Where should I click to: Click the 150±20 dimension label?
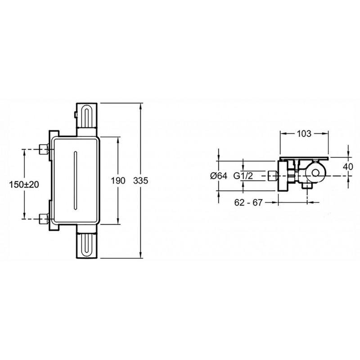pos(24,184)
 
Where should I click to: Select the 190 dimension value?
pos(118,181)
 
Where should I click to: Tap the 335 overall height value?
pos(140,181)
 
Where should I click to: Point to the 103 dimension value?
pos(304,133)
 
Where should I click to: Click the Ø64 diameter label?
pos(219,176)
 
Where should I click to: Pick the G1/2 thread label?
pos(243,176)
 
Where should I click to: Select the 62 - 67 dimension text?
pos(248,202)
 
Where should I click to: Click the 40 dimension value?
pos(348,166)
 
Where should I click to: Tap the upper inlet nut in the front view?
pos(44,149)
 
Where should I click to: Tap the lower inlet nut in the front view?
pos(44,219)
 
